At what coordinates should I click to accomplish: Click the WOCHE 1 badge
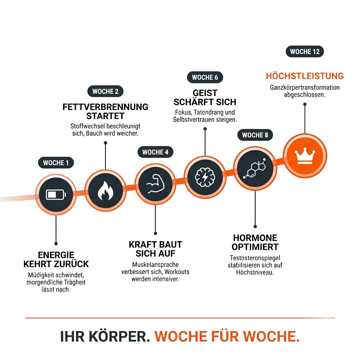[56, 163]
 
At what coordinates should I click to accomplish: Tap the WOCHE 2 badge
[105, 91]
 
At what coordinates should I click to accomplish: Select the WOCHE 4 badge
[155, 152]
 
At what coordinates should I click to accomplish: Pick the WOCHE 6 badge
[205, 77]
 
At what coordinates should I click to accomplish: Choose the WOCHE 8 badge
[255, 135]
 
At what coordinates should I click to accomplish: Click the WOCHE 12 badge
[305, 51]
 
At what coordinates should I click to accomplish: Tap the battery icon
[56, 195]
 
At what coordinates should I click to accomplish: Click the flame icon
[105, 191]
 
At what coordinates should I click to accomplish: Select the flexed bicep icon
[155, 184]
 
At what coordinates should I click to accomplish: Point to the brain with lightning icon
[205, 177]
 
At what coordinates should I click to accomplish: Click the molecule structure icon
[255, 168]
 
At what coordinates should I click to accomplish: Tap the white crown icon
[305, 156]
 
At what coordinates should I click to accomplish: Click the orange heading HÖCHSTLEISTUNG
[305, 76]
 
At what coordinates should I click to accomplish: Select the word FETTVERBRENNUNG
[105, 107]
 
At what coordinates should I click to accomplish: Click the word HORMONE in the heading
[255, 238]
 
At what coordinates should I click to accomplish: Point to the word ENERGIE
[56, 255]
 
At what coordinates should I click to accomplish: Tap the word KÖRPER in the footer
[120, 336]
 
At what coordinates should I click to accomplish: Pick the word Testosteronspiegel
[255, 258]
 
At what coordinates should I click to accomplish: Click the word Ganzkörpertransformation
[305, 88]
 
